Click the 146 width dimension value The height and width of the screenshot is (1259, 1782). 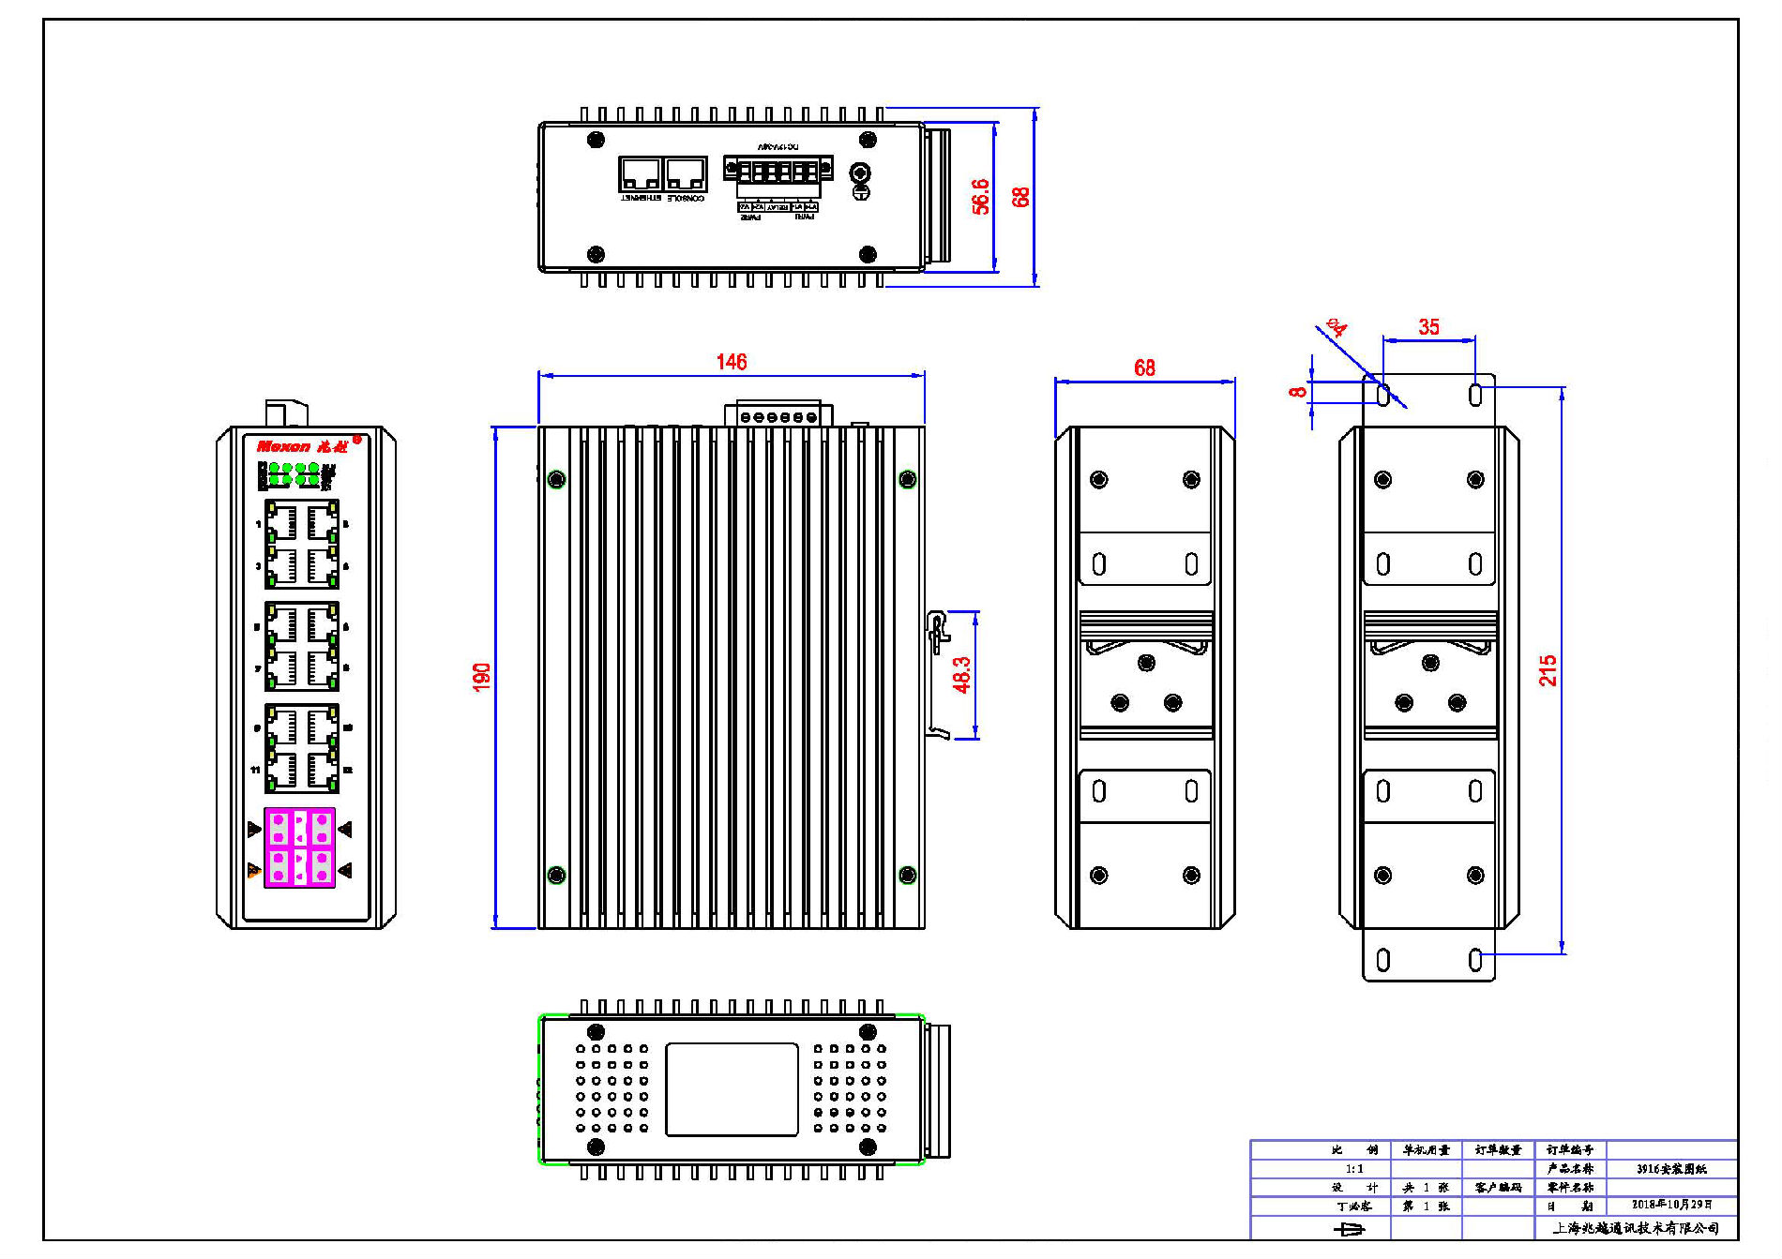[x=731, y=362]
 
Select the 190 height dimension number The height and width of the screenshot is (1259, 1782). [x=482, y=677]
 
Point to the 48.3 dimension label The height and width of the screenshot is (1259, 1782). [x=962, y=674]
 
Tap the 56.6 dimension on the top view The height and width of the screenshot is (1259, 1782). [x=980, y=197]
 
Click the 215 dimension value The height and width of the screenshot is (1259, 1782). [x=1548, y=670]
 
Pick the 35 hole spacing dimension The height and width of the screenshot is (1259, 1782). [x=1428, y=327]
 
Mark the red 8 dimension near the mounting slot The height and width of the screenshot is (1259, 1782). [x=1298, y=392]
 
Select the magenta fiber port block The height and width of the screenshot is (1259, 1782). [x=300, y=847]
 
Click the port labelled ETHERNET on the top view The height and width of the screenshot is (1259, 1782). [x=641, y=175]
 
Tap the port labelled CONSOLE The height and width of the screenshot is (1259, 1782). [x=686, y=175]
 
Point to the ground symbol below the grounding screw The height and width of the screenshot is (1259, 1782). [x=860, y=192]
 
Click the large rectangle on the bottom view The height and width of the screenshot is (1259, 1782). [x=732, y=1089]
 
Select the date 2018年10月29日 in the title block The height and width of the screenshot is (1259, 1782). [x=1671, y=1205]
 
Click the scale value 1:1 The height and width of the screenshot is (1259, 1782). [x=1354, y=1169]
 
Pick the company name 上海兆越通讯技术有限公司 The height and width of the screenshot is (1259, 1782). [x=1636, y=1228]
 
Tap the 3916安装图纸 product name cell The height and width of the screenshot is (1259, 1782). [x=1671, y=1169]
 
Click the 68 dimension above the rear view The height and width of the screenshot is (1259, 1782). [x=1144, y=367]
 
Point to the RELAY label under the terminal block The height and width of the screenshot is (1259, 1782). [x=778, y=207]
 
